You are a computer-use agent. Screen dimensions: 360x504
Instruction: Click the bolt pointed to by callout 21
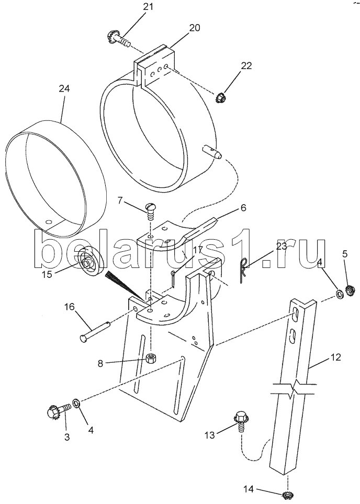coord(118,40)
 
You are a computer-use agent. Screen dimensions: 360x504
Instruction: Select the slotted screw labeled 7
coord(150,209)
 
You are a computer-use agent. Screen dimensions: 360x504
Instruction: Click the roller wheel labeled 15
coord(91,260)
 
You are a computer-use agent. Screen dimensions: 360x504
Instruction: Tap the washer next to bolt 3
coord(77,402)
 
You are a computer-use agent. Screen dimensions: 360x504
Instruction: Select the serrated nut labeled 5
coord(350,290)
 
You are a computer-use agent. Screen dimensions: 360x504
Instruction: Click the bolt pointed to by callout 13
coord(240,421)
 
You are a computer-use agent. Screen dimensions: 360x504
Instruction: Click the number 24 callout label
coord(64,88)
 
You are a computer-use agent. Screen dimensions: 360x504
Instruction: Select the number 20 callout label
coord(195,28)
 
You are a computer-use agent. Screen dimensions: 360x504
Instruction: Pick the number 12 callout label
coord(335,357)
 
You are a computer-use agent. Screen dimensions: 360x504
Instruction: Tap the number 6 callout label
coord(243,208)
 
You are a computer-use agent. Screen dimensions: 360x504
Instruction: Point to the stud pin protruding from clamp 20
coord(212,151)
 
